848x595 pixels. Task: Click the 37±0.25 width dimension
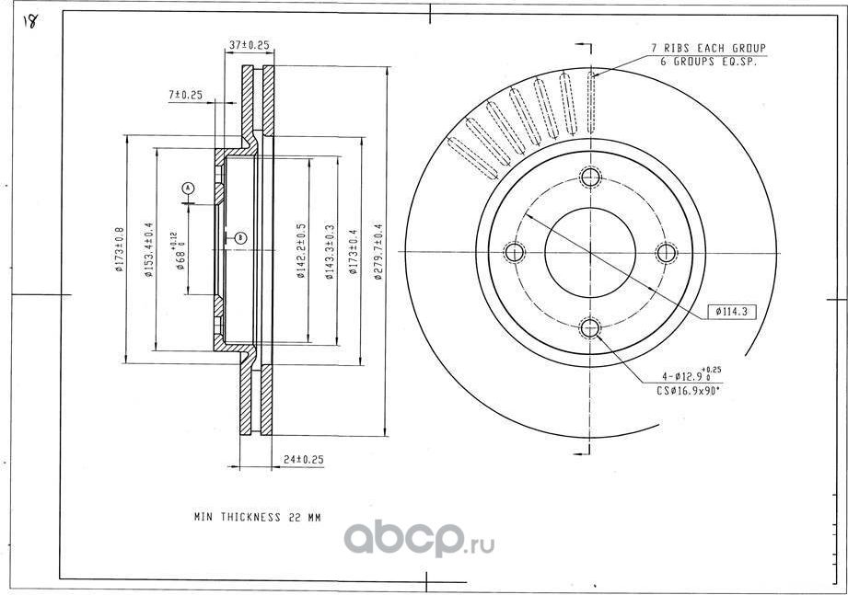click(x=247, y=44)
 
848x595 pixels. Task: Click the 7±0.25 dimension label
click(x=185, y=95)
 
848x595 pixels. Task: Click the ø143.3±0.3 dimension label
click(x=329, y=250)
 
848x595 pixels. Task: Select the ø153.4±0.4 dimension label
click(x=149, y=250)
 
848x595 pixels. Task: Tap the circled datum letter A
click(x=188, y=189)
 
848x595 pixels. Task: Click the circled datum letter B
click(x=239, y=237)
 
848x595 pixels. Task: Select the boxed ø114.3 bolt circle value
click(x=731, y=312)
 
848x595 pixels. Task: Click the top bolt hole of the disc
click(x=590, y=177)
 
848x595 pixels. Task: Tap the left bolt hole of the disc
click(x=515, y=251)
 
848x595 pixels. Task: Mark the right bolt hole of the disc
click(x=665, y=251)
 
